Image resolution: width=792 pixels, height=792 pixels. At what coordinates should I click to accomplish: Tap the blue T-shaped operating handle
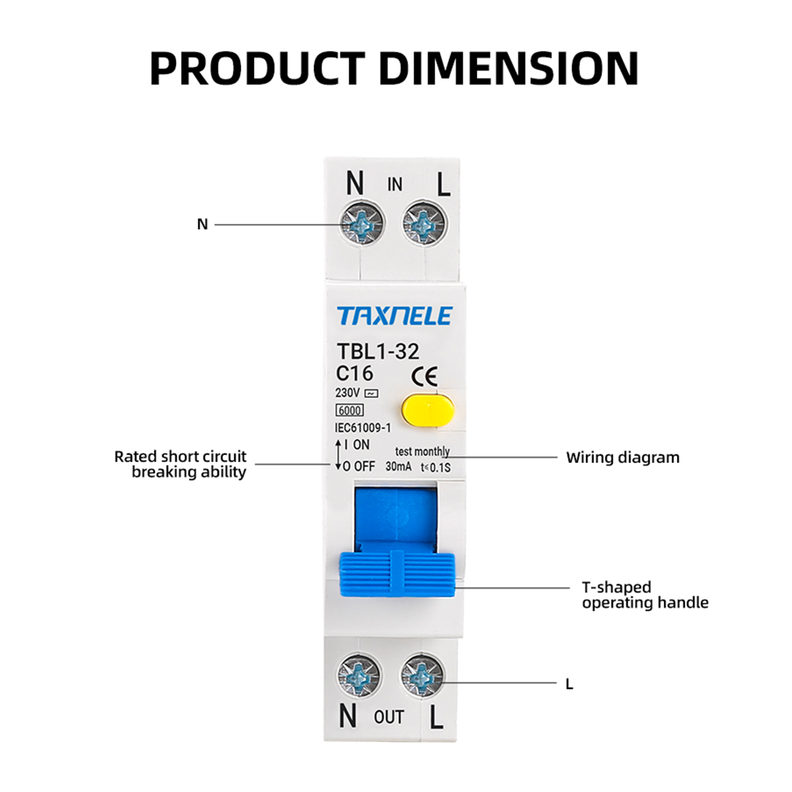[397, 574]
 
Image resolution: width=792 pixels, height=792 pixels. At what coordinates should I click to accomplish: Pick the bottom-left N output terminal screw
[359, 676]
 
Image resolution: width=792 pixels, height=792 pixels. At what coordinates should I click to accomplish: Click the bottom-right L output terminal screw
[422, 676]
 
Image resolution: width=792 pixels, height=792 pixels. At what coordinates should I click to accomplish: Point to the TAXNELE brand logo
[394, 316]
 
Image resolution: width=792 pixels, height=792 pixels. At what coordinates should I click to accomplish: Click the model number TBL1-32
[378, 352]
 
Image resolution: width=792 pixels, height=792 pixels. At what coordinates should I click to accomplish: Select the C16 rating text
[355, 373]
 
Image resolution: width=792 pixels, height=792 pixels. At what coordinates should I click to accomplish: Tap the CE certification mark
[425, 376]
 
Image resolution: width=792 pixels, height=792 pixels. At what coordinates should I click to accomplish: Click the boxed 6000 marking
[350, 410]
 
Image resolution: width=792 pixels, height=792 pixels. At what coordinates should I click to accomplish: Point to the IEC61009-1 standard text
[363, 428]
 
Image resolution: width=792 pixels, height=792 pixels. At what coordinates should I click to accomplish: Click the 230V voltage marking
[347, 393]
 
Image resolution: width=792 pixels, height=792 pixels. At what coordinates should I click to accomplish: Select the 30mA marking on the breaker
[398, 467]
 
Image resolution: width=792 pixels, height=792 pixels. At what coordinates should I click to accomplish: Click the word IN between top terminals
[394, 185]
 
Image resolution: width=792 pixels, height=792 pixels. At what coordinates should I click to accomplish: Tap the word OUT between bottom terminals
[389, 717]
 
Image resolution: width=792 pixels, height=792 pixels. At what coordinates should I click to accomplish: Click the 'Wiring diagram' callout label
[623, 458]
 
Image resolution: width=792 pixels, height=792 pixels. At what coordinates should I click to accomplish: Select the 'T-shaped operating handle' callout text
[645, 595]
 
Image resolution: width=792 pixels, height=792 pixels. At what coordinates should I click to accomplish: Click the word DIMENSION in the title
[509, 69]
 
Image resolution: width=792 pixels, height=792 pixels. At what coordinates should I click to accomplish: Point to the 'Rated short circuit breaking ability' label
[181, 464]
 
